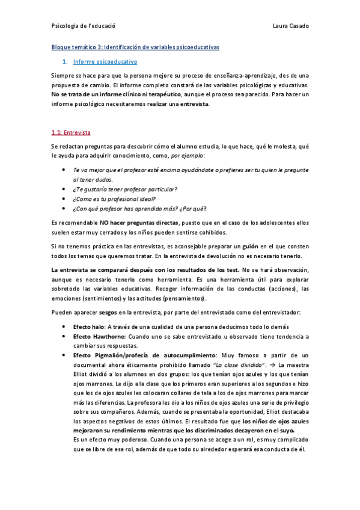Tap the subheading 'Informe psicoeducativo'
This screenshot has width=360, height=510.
pyautogui.click(x=105, y=62)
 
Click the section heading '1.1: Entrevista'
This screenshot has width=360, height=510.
pyautogui.click(x=71, y=132)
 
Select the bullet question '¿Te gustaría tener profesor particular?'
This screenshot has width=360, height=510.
pyautogui.click(x=124, y=189)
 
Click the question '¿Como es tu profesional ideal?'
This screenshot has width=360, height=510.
pyautogui.click(x=114, y=198)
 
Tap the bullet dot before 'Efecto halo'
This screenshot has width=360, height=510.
pyautogui.click(x=64, y=326)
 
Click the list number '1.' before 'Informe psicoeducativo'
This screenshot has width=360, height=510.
pyautogui.click(x=65, y=62)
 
